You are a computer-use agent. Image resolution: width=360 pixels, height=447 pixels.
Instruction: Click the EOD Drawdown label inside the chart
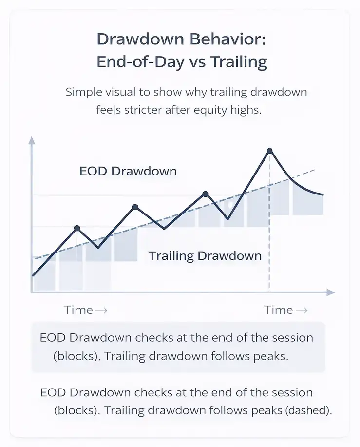pyautogui.click(x=128, y=172)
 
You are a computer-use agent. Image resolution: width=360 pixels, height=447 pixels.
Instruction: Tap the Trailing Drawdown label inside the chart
pyautogui.click(x=205, y=256)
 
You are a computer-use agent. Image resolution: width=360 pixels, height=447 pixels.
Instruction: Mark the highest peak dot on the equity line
pyautogui.click(x=270, y=151)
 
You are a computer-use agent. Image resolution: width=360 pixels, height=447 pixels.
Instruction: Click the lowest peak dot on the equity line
pyautogui.click(x=77, y=228)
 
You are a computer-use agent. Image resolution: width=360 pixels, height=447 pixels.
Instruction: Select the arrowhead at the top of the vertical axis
pyautogui.click(x=32, y=141)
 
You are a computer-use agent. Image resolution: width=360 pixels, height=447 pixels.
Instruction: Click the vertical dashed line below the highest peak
pyautogui.click(x=269, y=234)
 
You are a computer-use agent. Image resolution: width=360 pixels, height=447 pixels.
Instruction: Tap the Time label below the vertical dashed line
pyautogui.click(x=279, y=310)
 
